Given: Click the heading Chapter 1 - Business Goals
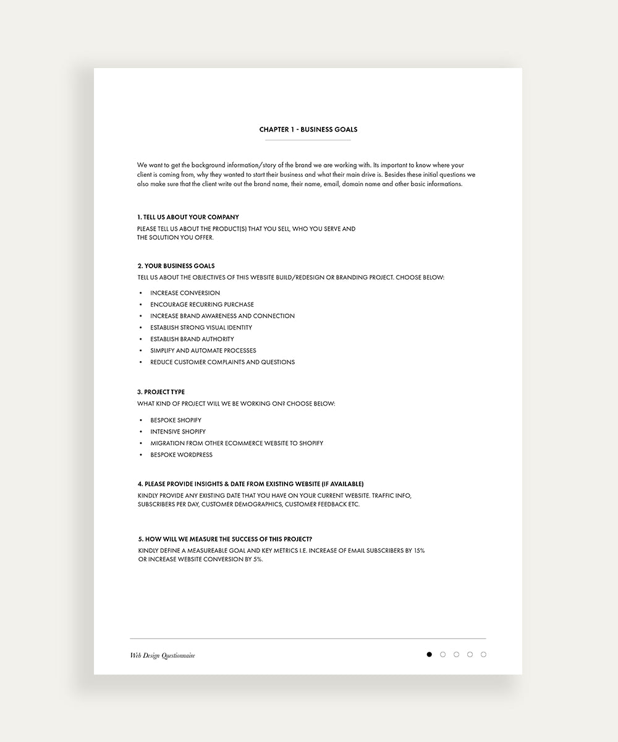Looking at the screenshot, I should [x=308, y=130].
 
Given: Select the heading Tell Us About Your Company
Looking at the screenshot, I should [x=188, y=218].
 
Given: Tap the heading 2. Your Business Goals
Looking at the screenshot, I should [x=176, y=266].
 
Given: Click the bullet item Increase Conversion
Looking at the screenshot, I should [x=185, y=293].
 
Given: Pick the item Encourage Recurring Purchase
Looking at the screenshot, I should [x=202, y=305].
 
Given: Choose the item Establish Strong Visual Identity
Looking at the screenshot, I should [x=201, y=328].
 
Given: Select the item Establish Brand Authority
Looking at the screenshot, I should [x=192, y=339].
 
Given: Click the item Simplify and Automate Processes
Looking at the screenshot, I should [x=203, y=351].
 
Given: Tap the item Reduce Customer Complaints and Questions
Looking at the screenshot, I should [x=222, y=362].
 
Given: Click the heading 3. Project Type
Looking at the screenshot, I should [x=161, y=392].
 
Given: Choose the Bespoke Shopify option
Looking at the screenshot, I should [x=176, y=420].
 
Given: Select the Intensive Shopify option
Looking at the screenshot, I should [x=178, y=432].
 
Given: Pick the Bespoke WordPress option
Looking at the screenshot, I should [x=181, y=455].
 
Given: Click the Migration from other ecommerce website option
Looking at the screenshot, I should [x=237, y=443].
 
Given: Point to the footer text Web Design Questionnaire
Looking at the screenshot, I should [x=163, y=655].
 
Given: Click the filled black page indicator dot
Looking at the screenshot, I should [x=430, y=654].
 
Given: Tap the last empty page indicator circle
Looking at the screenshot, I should [x=483, y=654].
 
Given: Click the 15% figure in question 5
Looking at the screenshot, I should [x=418, y=550].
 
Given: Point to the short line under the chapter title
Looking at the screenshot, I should [x=308, y=140].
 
